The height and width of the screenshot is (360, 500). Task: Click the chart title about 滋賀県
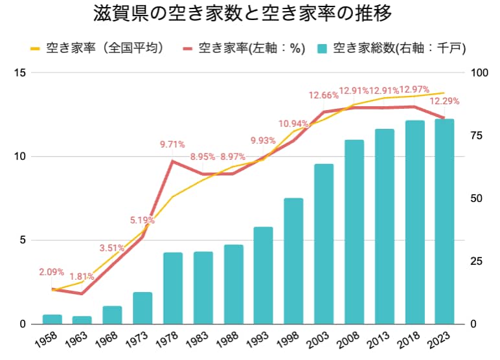tap(250, 14)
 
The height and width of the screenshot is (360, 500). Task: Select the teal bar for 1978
tap(173, 288)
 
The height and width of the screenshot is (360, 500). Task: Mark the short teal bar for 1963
tap(82, 320)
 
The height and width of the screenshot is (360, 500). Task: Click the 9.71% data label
tap(173, 144)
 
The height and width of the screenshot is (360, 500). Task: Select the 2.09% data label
tap(52, 272)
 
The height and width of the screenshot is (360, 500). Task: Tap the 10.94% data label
tap(293, 124)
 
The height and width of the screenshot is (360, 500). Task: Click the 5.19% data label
tap(142, 220)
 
